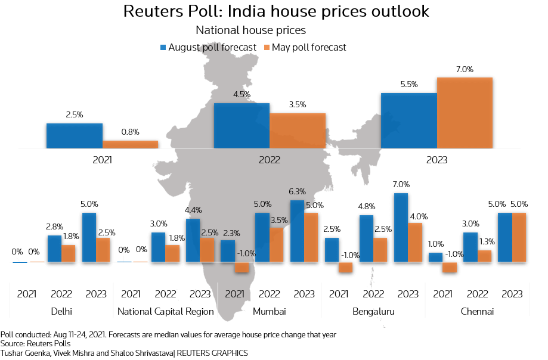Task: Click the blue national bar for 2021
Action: [75, 135]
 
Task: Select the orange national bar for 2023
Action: [465, 113]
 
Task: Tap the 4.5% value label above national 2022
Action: [242, 95]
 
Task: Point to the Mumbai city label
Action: [270, 312]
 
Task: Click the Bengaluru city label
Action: [373, 312]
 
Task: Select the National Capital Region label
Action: [165, 312]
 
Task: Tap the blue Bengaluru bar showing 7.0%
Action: [401, 228]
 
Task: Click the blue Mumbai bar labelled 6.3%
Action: [297, 231]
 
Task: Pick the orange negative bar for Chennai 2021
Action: [449, 268]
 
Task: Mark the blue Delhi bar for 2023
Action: [89, 237]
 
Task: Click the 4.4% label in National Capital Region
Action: [193, 210]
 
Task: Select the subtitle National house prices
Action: [250, 29]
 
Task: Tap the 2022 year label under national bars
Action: [270, 160]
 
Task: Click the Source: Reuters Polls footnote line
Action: [35, 344]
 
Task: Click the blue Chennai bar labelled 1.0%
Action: [436, 257]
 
